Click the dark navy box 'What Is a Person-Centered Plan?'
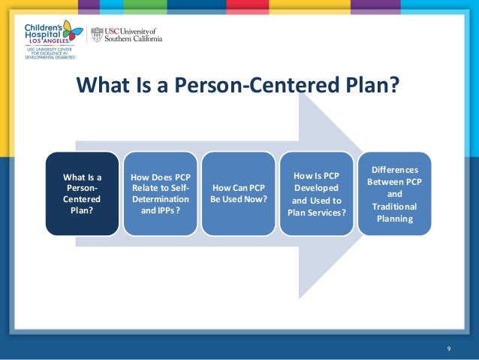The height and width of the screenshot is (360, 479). point(83,193)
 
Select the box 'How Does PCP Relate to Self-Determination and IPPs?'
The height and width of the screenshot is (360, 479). point(160,193)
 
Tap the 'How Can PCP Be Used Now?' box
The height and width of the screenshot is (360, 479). point(238,193)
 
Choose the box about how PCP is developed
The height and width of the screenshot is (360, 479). point(316,193)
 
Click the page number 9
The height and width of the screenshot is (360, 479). point(448,347)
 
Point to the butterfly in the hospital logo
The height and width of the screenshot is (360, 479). point(73,31)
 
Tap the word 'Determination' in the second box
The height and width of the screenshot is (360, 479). point(161,199)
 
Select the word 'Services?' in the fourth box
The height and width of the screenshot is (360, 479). point(327,213)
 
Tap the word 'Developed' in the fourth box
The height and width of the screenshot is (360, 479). point(316,187)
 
